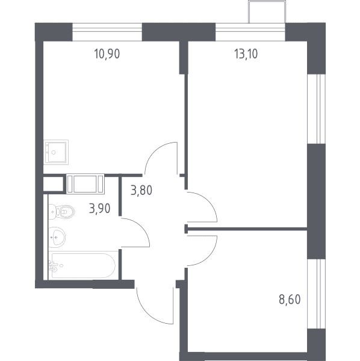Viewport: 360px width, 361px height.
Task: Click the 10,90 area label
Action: point(107,54)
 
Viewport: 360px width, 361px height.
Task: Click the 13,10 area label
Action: point(246,54)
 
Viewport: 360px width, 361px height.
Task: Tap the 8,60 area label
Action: point(290,300)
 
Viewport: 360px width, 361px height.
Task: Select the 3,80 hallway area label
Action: point(141,191)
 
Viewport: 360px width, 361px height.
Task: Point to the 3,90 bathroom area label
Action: point(100,209)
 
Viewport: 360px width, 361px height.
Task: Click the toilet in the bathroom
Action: point(62,211)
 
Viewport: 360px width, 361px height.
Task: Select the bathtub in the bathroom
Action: point(83,266)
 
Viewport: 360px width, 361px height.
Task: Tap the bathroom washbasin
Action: point(57,237)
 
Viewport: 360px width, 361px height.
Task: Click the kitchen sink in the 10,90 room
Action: point(56,152)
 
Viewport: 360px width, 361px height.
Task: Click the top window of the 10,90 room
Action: point(107,32)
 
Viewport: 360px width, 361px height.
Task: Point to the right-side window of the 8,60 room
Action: point(317,294)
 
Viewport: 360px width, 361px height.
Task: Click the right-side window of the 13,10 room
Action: point(317,109)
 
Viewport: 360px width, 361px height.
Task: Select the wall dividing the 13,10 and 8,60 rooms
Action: point(246,229)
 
